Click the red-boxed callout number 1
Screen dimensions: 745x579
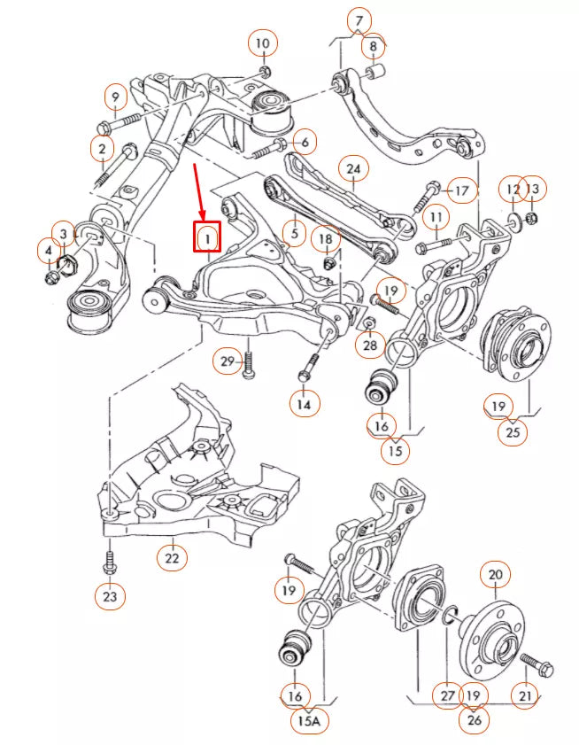(x=206, y=237)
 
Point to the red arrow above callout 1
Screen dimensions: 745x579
(x=200, y=190)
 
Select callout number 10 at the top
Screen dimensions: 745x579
(x=263, y=43)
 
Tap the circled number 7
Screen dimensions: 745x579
(x=359, y=20)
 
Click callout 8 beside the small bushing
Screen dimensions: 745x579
(x=373, y=45)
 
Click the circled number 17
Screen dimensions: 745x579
(x=461, y=190)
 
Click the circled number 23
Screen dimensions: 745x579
(x=109, y=596)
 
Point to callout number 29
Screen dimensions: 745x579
(x=227, y=361)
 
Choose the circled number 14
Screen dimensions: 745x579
(x=305, y=404)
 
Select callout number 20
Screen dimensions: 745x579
(x=495, y=575)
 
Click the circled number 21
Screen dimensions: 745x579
(x=526, y=697)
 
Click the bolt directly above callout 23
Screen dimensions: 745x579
(x=109, y=562)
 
